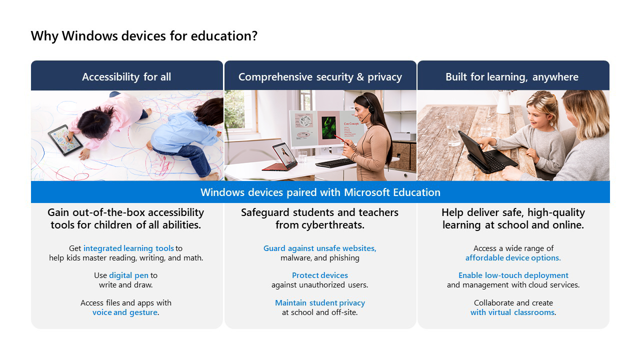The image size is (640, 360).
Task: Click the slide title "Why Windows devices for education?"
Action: tap(144, 36)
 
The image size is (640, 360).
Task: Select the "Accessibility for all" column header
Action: tap(126, 77)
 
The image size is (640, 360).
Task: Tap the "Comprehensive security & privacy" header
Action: tap(320, 77)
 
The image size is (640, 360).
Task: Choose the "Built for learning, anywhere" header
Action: tap(512, 77)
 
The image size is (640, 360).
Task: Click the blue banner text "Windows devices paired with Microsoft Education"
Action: tap(320, 192)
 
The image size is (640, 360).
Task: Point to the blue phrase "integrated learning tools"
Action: tap(128, 248)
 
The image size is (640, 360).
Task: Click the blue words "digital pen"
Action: tap(128, 275)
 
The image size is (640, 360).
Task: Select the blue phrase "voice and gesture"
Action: tap(125, 312)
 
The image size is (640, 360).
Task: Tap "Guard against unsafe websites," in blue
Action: tap(319, 248)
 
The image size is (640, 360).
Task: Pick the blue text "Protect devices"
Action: tap(319, 275)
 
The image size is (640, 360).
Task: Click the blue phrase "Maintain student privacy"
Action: tap(320, 303)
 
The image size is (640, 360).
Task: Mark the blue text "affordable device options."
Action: tap(513, 258)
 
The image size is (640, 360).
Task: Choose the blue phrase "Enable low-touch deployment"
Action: tap(513, 275)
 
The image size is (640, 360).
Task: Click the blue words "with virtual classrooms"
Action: tap(512, 312)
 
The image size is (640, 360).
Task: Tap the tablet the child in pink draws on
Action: tap(65, 140)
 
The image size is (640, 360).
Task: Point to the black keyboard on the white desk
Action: tap(335, 163)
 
